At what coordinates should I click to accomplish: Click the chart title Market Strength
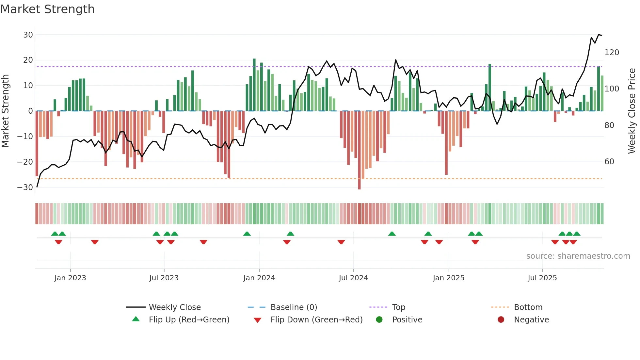point(47,9)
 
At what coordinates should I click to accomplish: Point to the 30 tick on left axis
point(28,35)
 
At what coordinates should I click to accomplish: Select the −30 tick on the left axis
point(25,188)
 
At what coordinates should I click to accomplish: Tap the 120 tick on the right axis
point(612,53)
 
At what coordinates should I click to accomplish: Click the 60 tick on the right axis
point(609,162)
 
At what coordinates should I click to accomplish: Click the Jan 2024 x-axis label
point(259,278)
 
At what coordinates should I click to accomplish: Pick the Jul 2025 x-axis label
point(542,278)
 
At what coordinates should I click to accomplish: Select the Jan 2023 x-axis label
point(70,278)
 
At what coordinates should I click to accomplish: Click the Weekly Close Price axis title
point(632,111)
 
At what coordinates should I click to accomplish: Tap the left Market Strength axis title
point(5,111)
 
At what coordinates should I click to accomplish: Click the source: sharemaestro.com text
point(578,256)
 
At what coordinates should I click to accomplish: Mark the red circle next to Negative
point(501,320)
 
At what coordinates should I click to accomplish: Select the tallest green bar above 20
point(254,85)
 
